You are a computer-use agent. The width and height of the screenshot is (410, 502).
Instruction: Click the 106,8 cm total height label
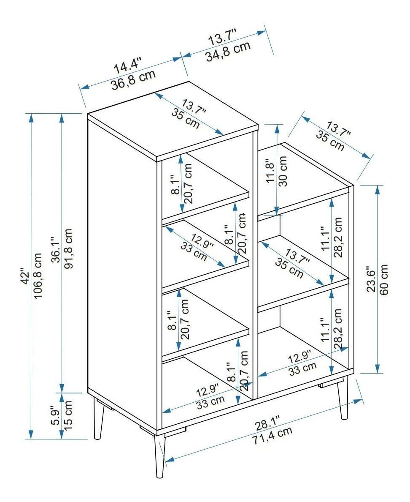tap(38, 276)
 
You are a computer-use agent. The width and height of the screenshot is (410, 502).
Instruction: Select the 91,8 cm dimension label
tap(68, 249)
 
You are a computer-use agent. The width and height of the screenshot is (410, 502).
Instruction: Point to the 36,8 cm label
tap(134, 80)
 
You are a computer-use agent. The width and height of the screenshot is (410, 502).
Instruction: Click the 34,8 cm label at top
tap(228, 51)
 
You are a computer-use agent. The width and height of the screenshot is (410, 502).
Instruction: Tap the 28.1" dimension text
tap(268, 423)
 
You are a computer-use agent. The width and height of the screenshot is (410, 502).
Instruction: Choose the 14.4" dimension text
tap(127, 65)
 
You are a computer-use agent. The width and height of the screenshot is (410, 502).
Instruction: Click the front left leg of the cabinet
tap(160, 456)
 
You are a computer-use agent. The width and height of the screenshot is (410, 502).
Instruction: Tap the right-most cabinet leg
tap(343, 398)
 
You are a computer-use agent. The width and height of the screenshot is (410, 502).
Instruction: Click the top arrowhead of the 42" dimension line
tap(31, 118)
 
